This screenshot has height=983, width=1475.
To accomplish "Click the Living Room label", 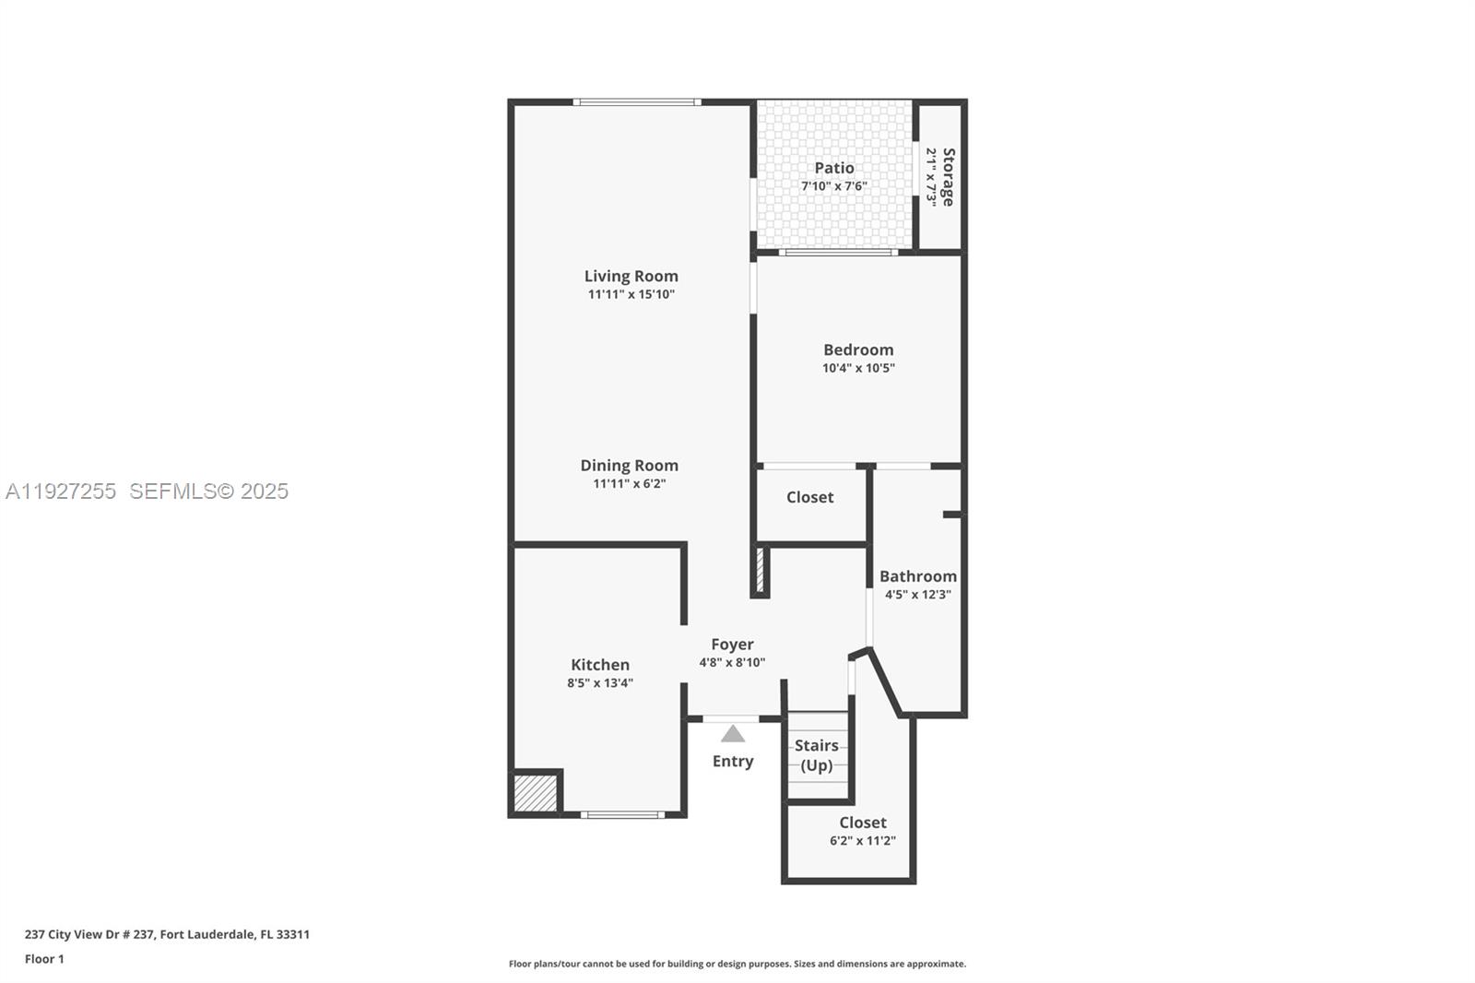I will point(631,276).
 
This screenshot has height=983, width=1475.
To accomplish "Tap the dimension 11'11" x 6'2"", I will point(629,483).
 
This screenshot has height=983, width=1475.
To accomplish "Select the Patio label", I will point(833,168).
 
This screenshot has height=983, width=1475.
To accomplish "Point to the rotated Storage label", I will point(948,177).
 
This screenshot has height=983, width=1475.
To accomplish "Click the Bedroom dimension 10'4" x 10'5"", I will point(858,368).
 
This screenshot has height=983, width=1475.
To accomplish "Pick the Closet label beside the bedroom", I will point(809,497).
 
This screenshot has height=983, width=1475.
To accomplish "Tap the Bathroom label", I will point(917,576).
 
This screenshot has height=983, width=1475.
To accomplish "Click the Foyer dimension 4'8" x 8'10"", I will point(732,662).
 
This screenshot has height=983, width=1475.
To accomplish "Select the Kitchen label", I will point(600,665).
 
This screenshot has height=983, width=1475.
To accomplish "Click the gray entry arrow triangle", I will point(733,734).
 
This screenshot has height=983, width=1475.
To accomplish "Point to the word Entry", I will point(733,761).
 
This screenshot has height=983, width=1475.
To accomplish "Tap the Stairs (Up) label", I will point(817,755).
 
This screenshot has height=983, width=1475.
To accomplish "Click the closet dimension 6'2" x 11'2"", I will point(862,841).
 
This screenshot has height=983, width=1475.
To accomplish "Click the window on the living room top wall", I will point(636,101).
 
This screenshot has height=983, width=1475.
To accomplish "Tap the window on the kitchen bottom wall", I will point(622,815).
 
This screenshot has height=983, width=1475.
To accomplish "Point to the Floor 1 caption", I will point(44,959).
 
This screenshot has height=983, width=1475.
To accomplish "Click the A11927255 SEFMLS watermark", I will point(147,491).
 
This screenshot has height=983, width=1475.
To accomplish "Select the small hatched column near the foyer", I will point(761,571).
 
